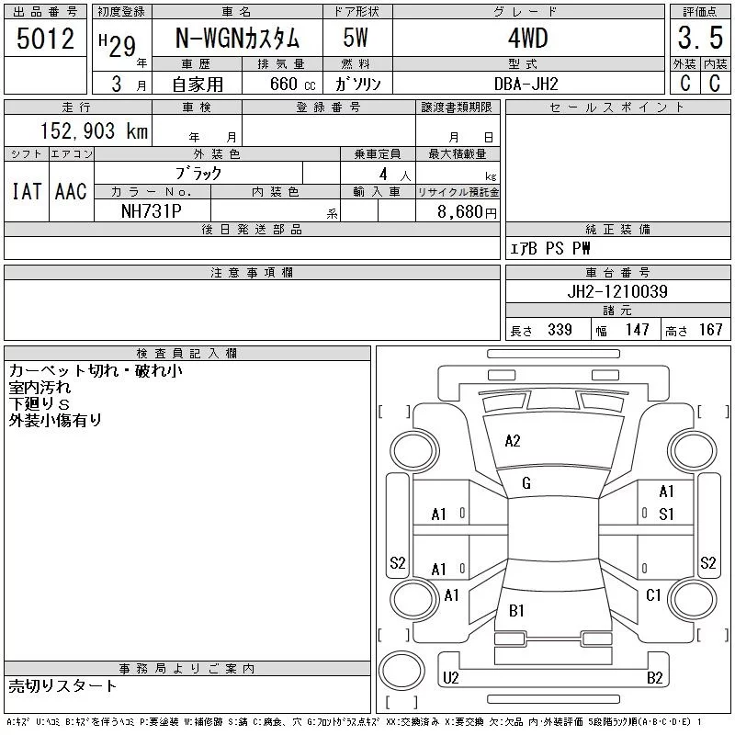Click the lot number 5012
point(45,39)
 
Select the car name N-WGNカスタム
point(237,39)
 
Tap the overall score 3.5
point(700,38)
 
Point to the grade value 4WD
point(527,39)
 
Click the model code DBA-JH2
point(526,85)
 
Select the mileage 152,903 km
point(95,130)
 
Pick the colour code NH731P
point(151,211)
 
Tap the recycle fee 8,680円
point(467,212)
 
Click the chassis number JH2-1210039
point(617,291)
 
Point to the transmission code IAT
point(27,191)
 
